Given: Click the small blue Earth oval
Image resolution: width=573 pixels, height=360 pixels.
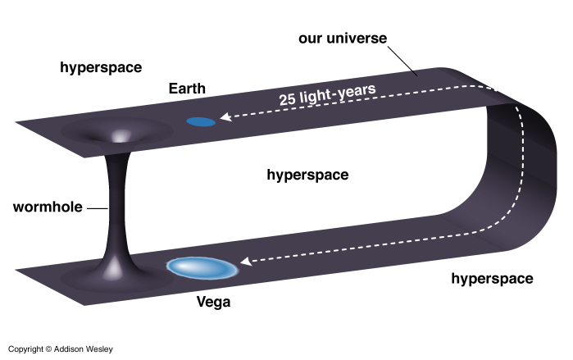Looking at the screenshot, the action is [x=201, y=121].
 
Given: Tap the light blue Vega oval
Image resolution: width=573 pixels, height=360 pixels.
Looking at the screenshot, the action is [x=202, y=268].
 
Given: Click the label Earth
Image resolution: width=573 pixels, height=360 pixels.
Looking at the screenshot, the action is [x=187, y=89].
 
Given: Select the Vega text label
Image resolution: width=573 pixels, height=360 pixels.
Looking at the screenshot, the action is [x=213, y=302].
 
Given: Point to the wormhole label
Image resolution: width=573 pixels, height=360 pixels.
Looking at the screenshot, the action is [x=48, y=207].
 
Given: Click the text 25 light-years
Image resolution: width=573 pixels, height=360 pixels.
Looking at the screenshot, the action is [x=327, y=94].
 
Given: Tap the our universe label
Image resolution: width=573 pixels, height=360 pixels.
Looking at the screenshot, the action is [x=343, y=38].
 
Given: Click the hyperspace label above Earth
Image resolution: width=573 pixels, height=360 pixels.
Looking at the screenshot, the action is [x=101, y=67].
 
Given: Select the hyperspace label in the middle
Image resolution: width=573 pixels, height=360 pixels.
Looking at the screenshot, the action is [x=307, y=175].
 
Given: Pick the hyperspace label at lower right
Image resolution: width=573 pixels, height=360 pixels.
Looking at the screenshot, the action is [x=492, y=279].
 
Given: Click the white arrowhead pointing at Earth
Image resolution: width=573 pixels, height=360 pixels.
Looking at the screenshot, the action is [x=225, y=117].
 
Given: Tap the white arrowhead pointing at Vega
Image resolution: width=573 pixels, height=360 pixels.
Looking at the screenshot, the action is [x=246, y=262].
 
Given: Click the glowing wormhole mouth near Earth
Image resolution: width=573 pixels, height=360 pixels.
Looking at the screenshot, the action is [x=121, y=136].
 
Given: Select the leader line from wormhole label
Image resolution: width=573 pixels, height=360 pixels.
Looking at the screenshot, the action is [x=98, y=208].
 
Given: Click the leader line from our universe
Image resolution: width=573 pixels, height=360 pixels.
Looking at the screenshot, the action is [x=402, y=61].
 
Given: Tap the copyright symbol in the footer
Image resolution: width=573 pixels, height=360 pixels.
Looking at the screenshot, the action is [x=48, y=349].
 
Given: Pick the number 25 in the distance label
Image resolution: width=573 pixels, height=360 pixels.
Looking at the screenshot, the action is [x=287, y=99].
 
